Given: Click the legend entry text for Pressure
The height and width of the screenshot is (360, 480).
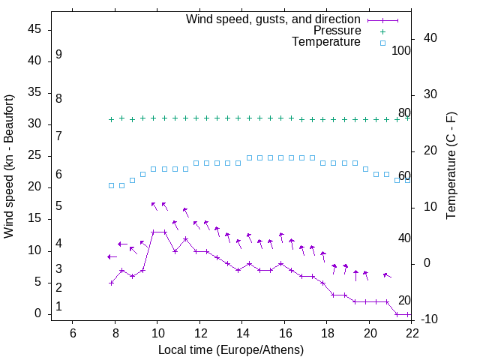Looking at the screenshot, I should [337, 31].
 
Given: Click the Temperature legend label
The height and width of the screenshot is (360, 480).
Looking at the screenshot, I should [326, 42].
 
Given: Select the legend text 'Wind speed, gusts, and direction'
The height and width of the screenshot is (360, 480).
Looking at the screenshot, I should [274, 19].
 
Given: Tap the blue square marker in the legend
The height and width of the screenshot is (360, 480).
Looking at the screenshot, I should [382, 43].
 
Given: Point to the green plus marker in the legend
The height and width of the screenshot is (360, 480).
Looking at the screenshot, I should [382, 31].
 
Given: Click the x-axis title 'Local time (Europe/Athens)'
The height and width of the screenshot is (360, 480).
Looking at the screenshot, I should [231, 350].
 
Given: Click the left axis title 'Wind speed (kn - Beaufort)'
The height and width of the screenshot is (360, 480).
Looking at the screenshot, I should [9, 166].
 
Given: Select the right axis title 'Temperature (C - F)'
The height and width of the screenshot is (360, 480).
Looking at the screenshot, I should [451, 166].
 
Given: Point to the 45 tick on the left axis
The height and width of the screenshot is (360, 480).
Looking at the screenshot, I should [34, 29].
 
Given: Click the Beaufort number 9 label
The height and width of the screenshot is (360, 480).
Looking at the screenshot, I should [58, 55].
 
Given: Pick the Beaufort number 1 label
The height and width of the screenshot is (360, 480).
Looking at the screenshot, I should [58, 307].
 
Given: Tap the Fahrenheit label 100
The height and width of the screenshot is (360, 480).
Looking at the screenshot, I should [401, 51].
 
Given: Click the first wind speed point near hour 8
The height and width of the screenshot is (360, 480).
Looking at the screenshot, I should [111, 283].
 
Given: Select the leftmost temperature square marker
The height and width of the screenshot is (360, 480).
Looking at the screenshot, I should [111, 185].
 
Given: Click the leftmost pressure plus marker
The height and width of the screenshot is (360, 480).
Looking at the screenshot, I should [111, 119].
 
